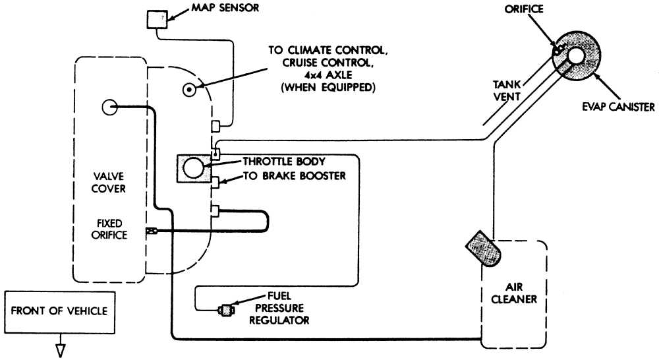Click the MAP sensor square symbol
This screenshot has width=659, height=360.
[x=156, y=19]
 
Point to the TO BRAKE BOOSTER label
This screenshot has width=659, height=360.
[x=294, y=176]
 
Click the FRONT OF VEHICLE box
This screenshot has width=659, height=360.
[x=59, y=311]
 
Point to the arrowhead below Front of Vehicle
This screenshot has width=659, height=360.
[x=59, y=349]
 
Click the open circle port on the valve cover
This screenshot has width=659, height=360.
[x=109, y=107]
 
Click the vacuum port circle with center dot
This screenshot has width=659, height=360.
[x=188, y=89]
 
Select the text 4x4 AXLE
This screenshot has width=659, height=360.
[x=321, y=75]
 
